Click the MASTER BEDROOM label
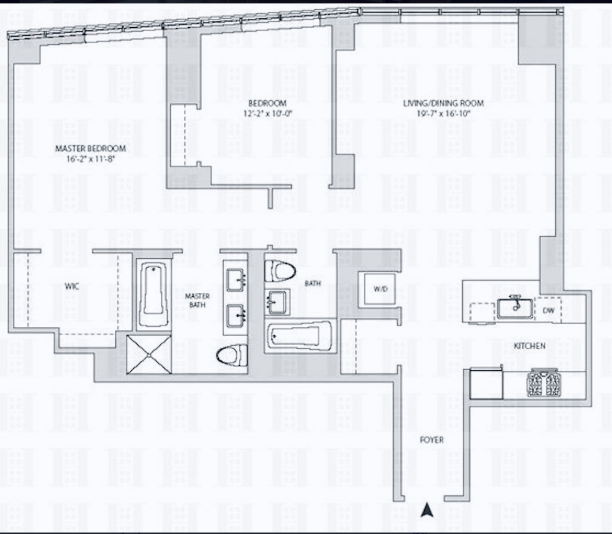[x=90, y=148]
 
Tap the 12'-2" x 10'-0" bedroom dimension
[x=268, y=113]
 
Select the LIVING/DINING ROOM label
[x=443, y=103]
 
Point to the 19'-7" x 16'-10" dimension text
[x=443, y=113]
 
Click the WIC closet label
[x=72, y=286]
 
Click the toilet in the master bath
[x=232, y=355]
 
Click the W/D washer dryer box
[x=379, y=289]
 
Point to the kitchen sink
[x=514, y=308]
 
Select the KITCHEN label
[x=529, y=346]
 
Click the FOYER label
[x=431, y=440]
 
